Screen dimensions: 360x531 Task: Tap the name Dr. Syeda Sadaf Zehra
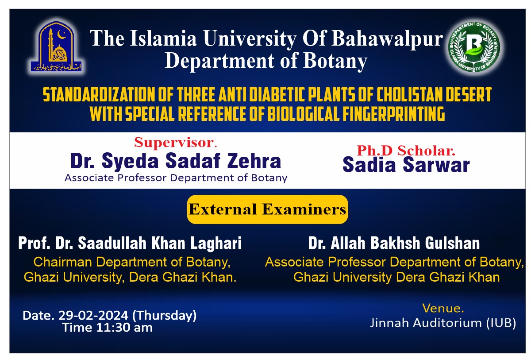coord(176,161)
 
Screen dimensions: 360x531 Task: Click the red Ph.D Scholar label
coord(406,151)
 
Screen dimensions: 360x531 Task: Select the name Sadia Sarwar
coord(406,165)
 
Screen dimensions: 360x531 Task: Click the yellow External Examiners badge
coord(267,209)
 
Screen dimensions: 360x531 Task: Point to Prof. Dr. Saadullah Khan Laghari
coord(130,244)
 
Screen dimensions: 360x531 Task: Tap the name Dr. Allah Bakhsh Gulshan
coord(394,244)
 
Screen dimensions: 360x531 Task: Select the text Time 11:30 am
coord(108,328)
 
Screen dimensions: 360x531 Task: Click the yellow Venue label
coord(443,308)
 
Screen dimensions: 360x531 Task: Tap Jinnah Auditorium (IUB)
coord(443,323)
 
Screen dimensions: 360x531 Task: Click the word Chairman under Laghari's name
coord(63,262)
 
